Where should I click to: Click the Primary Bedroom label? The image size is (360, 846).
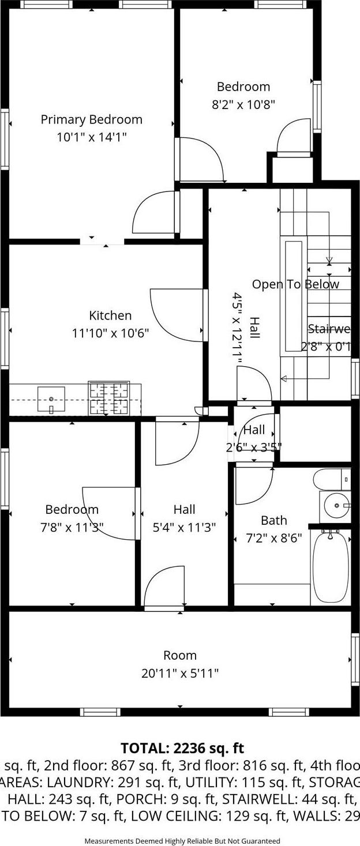click(91, 119)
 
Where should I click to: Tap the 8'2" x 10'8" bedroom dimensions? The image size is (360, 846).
click(243, 104)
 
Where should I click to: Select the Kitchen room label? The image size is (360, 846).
click(110, 315)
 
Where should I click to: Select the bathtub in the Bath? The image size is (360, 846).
click(331, 567)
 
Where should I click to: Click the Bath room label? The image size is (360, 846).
click(273, 520)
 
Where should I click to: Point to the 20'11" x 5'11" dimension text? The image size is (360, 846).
click(180, 673)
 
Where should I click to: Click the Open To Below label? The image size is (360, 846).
click(295, 284)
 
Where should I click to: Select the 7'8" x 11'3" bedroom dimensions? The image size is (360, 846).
click(72, 527)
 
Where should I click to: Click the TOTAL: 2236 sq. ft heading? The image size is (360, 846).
click(182, 749)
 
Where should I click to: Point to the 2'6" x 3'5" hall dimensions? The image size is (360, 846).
click(253, 447)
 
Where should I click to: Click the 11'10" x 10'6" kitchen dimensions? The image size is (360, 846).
click(111, 333)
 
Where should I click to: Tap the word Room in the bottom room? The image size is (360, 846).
click(180, 655)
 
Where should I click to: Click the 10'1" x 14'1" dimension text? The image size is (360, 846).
click(92, 137)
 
